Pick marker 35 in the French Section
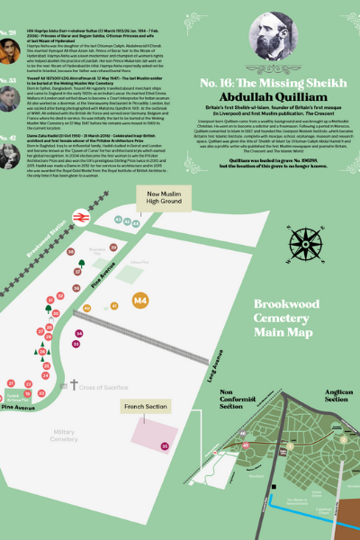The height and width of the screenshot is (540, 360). click(x=164, y=445)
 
